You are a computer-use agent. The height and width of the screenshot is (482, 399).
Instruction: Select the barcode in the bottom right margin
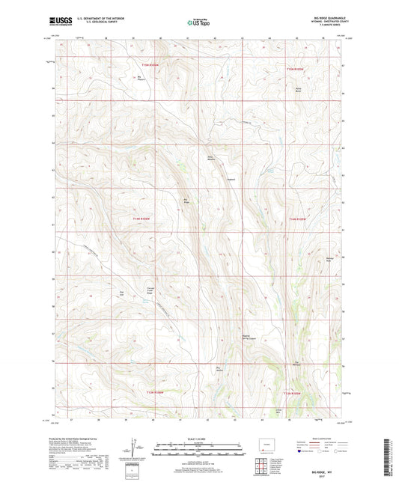[x=390, y=457]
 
